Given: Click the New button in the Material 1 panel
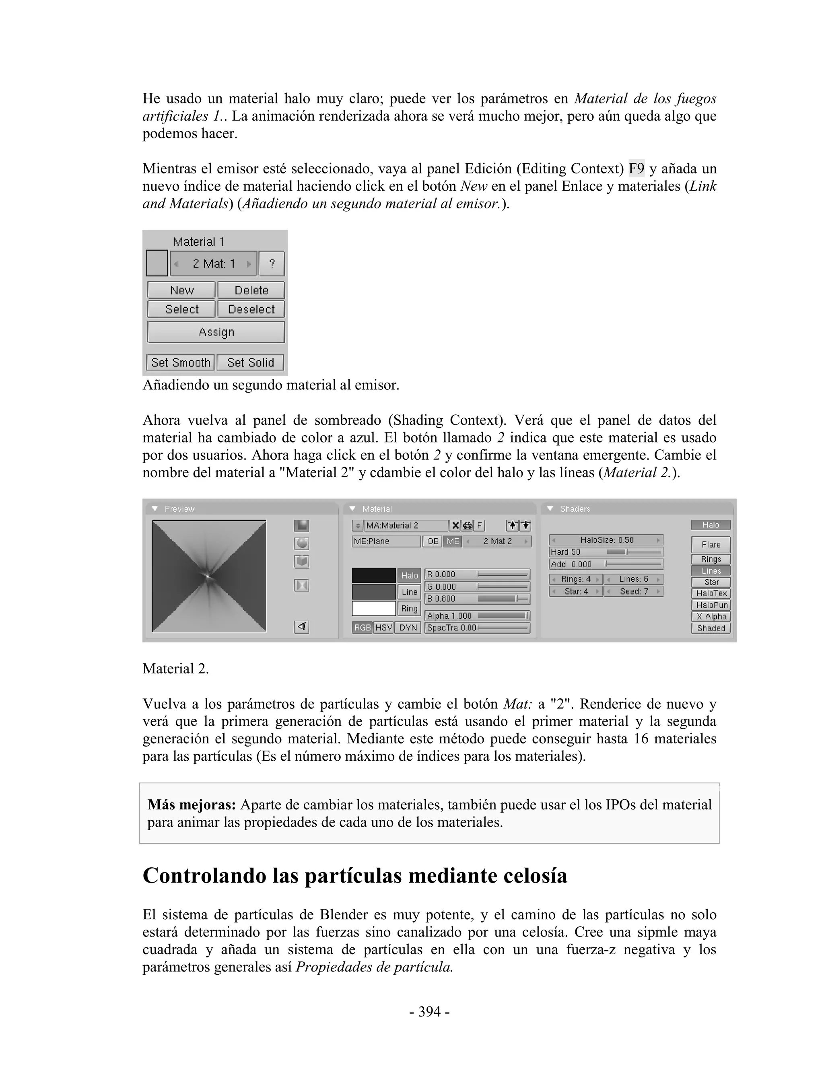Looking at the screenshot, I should [x=181, y=290].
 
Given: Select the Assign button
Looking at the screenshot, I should [x=216, y=332].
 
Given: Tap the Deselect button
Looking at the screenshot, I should [x=251, y=309].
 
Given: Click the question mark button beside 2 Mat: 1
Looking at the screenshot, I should [x=272, y=263].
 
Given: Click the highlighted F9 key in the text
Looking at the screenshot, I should [x=636, y=169].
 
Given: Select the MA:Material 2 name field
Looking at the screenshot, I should [x=406, y=525].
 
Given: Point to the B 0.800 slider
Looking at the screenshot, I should [x=477, y=599].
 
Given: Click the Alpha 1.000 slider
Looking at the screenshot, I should [x=477, y=616].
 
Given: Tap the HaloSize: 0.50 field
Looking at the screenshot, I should [x=606, y=540].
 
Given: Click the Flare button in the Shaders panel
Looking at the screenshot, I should [x=711, y=544].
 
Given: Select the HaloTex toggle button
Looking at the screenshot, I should [x=711, y=593].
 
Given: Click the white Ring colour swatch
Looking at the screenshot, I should [x=373, y=609].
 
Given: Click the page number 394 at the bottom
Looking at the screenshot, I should [x=429, y=1012].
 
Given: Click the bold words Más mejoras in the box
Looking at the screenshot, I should [x=192, y=805].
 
